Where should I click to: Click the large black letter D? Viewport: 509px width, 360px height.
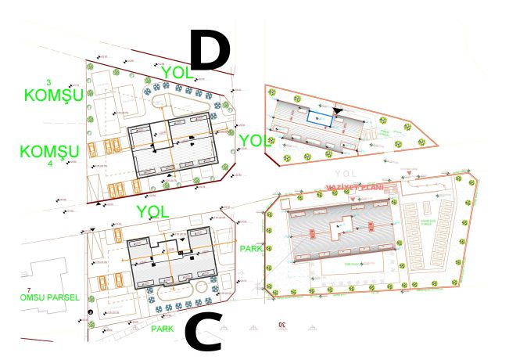click(210, 49)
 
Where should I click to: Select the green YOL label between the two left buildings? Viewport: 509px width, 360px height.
click(152, 211)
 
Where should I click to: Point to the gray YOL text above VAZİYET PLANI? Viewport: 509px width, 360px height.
click(344, 173)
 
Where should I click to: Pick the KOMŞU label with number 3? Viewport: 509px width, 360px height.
click(53, 95)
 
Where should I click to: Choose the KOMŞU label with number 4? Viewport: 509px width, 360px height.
click(49, 151)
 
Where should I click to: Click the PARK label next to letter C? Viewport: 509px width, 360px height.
click(163, 329)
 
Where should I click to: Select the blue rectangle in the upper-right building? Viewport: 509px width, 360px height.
click(319, 117)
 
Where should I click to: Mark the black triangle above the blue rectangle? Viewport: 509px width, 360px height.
click(337, 111)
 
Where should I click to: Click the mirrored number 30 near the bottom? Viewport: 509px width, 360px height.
click(279, 324)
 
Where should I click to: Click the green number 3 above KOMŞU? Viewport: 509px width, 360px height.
click(49, 82)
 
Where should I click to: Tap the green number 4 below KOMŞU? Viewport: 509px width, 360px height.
click(49, 164)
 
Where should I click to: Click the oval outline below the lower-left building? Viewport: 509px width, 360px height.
click(179, 291)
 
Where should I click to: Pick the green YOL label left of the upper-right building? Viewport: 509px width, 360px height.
click(255, 141)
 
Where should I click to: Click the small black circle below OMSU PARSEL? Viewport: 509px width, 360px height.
click(91, 313)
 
